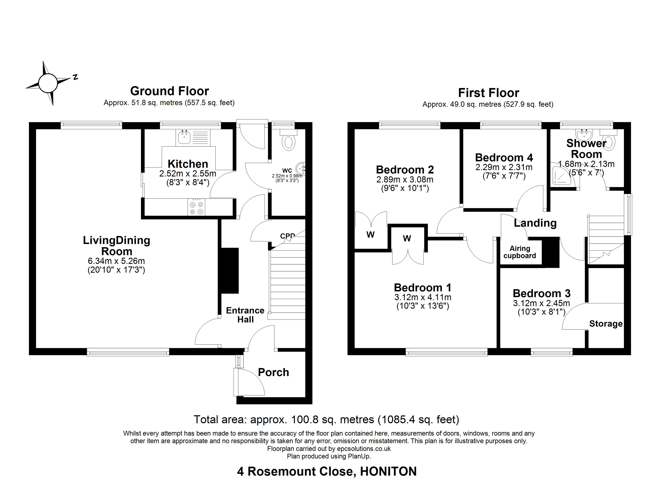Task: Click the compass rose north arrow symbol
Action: pyautogui.click(x=48, y=83)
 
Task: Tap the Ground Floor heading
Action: pyautogui.click(x=169, y=91)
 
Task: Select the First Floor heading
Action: pyautogui.click(x=489, y=93)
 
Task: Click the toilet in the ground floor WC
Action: pyautogui.click(x=288, y=140)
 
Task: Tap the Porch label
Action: pyautogui.click(x=273, y=372)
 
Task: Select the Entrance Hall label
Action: pyautogui.click(x=245, y=315)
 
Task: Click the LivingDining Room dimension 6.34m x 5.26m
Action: pyautogui.click(x=116, y=261)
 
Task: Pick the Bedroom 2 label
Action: pyautogui.click(x=405, y=169)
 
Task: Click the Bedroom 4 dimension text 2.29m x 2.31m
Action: pyautogui.click(x=504, y=167)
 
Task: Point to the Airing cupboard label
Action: pyautogui.click(x=520, y=252)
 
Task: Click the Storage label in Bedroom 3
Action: pyautogui.click(x=606, y=324)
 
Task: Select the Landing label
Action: pyautogui.click(x=535, y=223)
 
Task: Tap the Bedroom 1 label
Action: pyautogui.click(x=423, y=288)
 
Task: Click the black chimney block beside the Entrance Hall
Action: pyautogui.click(x=230, y=271)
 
